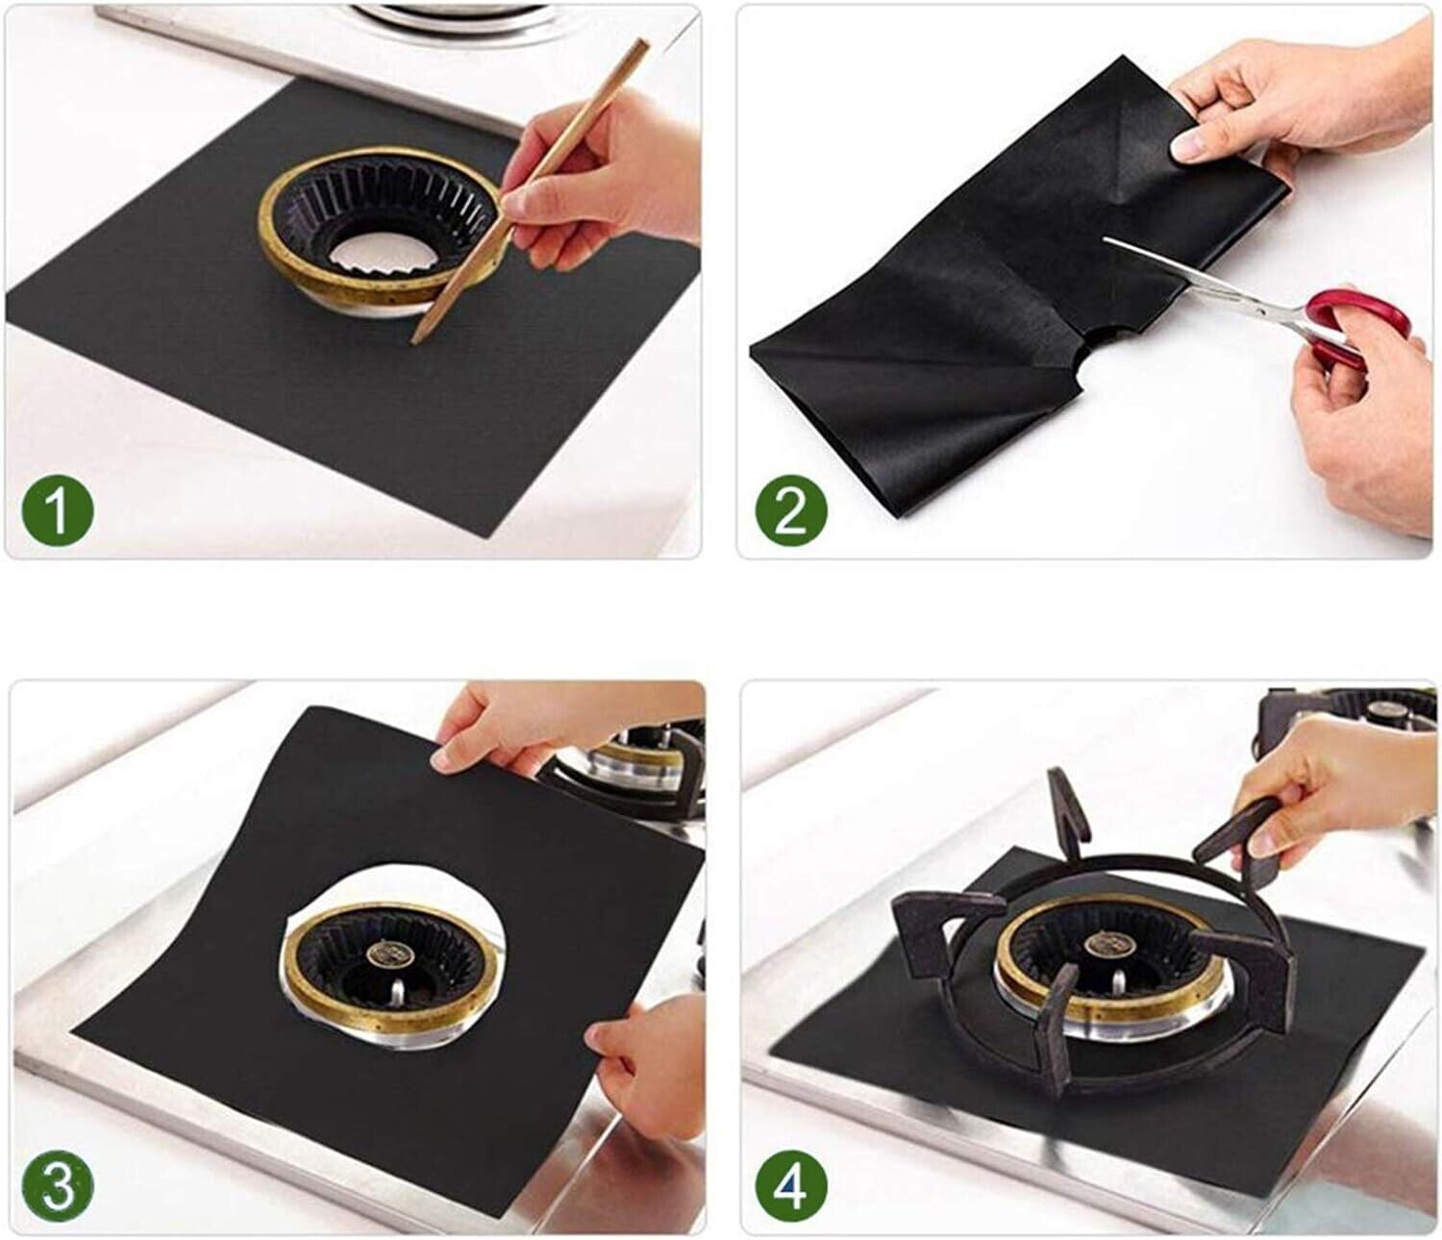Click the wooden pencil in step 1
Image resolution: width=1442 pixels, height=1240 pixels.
[528, 192]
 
